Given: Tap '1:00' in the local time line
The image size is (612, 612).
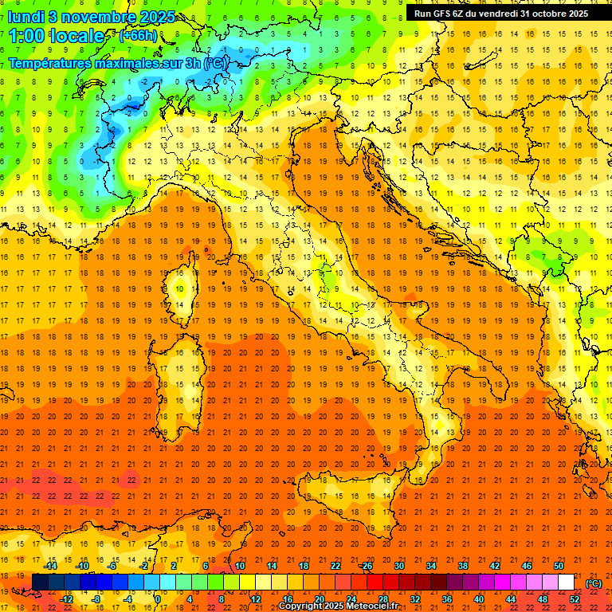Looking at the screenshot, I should tap(26, 37).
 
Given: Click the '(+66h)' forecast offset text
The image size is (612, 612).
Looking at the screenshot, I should tap(137, 36).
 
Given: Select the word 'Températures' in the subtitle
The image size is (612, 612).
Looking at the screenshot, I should tap(49, 64).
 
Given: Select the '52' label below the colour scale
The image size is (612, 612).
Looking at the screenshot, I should tap(575, 598).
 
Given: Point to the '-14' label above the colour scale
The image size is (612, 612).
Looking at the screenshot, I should tap(50, 566).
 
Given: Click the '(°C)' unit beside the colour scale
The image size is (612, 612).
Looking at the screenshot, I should tap(594, 583).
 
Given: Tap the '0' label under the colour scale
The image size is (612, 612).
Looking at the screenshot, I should tap(157, 598).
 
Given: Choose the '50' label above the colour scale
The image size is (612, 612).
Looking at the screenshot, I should tap(559, 566).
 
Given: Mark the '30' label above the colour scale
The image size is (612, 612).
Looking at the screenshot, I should tap(398, 566).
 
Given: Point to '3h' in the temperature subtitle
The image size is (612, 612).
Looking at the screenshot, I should tap(194, 64).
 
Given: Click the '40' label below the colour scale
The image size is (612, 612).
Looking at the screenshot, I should tap(478, 598).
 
